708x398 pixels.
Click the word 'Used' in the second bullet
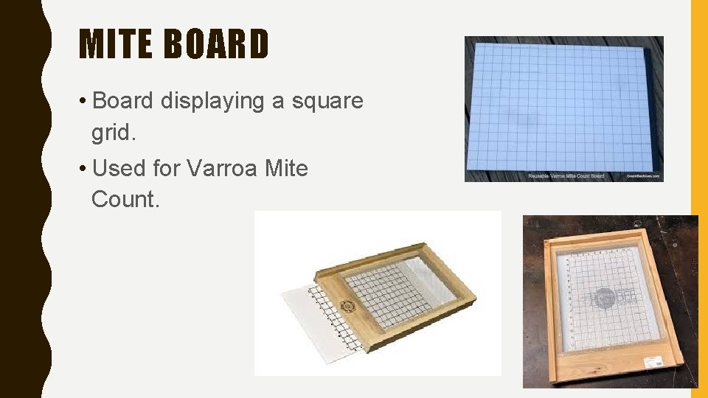coord(120,169)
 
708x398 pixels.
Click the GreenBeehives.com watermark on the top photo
coord(644,176)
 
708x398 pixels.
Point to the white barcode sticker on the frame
coord(655,361)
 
